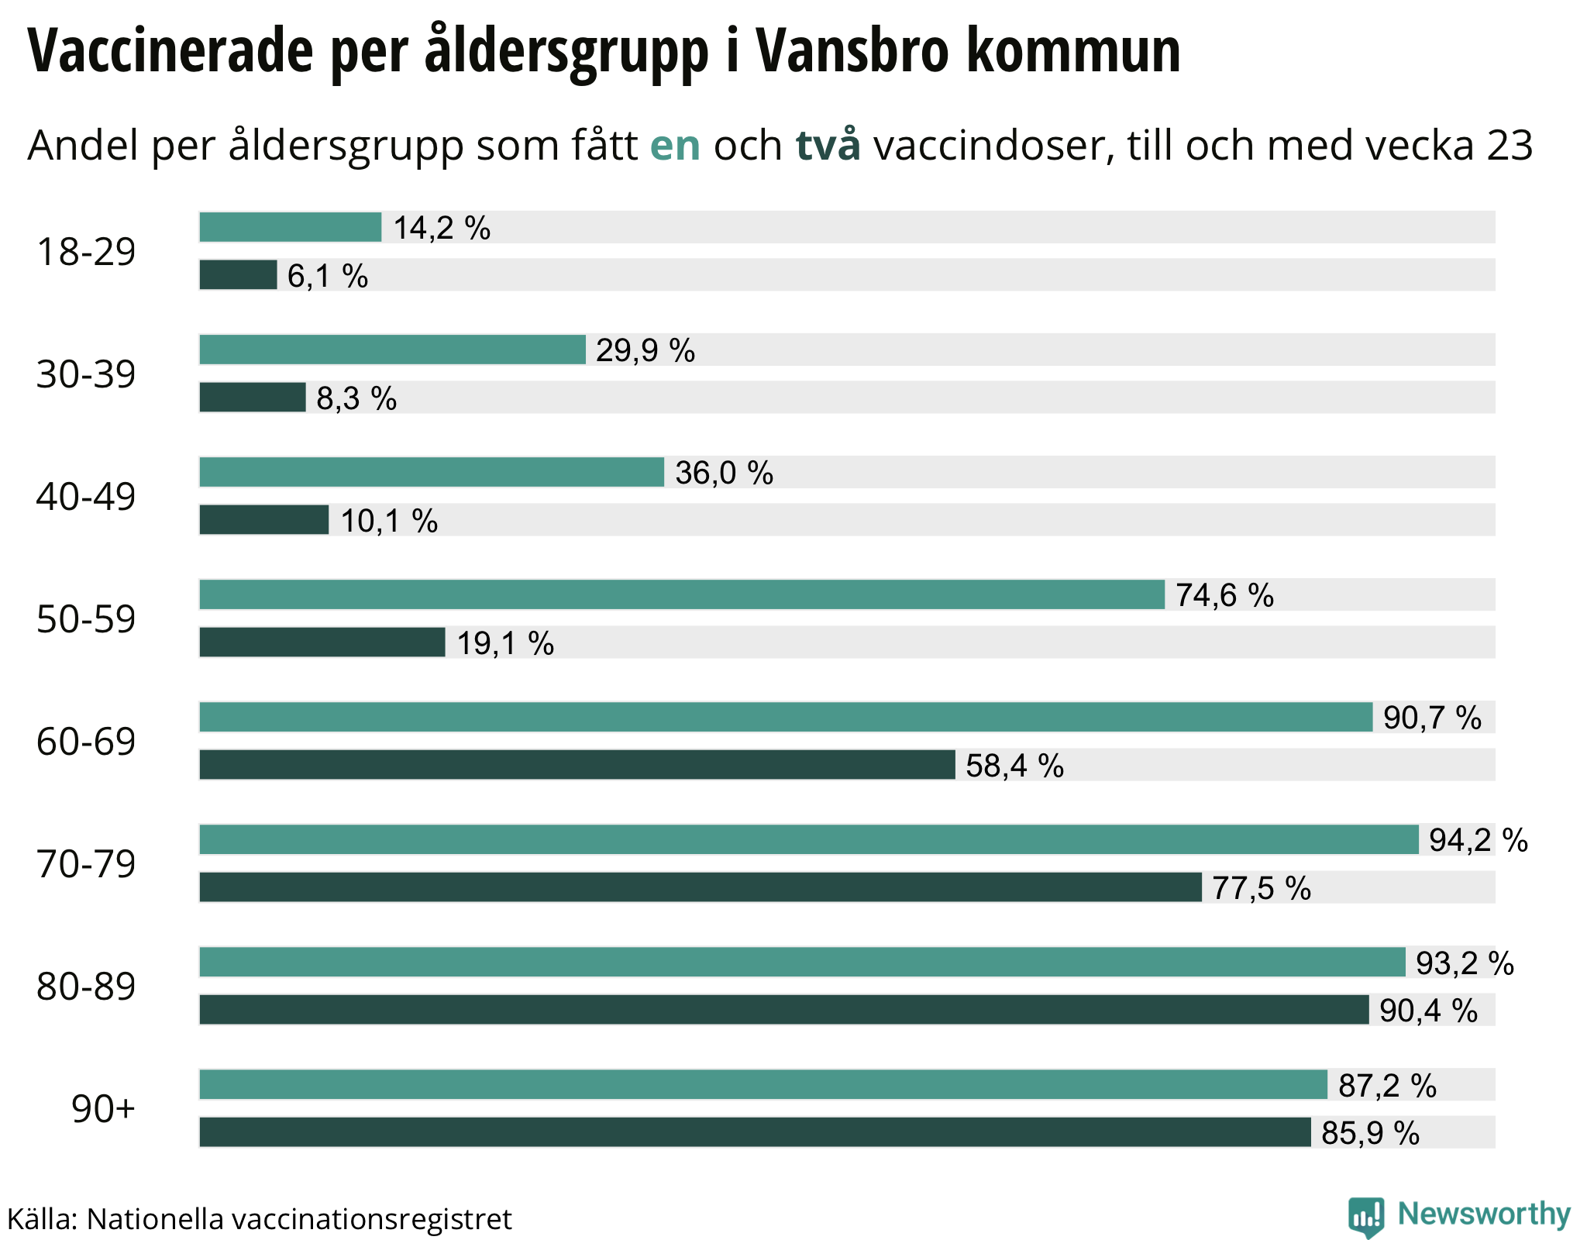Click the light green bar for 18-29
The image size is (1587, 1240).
point(291,227)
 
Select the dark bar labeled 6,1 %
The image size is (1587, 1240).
point(238,275)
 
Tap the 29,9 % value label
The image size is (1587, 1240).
point(645,351)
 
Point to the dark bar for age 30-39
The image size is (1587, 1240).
point(253,398)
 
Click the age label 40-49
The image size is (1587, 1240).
point(86,497)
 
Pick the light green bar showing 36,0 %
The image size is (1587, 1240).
point(432,472)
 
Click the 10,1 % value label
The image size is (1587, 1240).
point(389,521)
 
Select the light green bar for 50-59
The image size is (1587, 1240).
point(682,594)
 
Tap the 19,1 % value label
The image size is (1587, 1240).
point(505,643)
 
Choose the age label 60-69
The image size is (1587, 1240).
point(86,742)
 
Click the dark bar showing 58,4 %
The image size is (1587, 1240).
point(577,765)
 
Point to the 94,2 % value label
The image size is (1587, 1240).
point(1478,840)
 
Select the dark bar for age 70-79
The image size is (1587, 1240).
point(701,887)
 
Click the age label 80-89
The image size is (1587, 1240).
point(86,987)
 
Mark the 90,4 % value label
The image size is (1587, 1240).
point(1428,1011)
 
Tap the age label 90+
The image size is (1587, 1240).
point(103,1109)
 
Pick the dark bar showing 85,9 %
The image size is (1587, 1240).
point(755,1132)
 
